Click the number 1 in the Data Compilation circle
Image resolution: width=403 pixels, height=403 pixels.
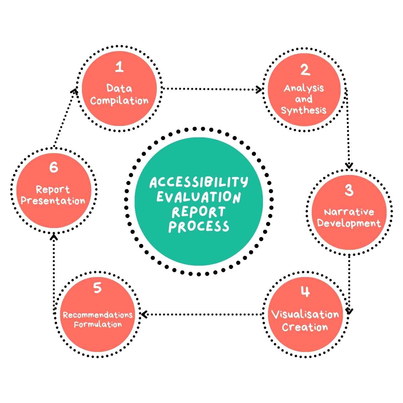coord(119,67)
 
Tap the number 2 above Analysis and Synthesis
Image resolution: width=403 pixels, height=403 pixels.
coord(305,70)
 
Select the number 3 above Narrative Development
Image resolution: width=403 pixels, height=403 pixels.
coord(349,190)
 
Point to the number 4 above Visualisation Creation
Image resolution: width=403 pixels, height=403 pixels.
coord(305,292)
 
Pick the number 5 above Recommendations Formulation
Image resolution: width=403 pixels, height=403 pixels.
coord(97,288)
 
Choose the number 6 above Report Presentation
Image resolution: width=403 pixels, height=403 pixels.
coord(54,167)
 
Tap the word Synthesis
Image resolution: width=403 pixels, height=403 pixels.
coord(304,110)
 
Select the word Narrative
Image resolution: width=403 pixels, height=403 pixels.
coord(349,212)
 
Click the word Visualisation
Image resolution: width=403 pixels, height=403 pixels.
coord(305,315)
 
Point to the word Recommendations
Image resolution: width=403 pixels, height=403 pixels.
coord(98,315)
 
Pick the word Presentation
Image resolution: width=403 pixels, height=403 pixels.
coord(53,201)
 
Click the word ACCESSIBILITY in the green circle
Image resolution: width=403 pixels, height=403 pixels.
coord(198,182)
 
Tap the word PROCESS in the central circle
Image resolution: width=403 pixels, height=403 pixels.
coord(199,226)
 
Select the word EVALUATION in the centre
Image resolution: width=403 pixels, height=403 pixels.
coord(199,197)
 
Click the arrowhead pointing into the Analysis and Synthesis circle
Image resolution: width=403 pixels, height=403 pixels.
coord(259,89)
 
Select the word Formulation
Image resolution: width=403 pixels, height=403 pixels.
coord(98,325)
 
